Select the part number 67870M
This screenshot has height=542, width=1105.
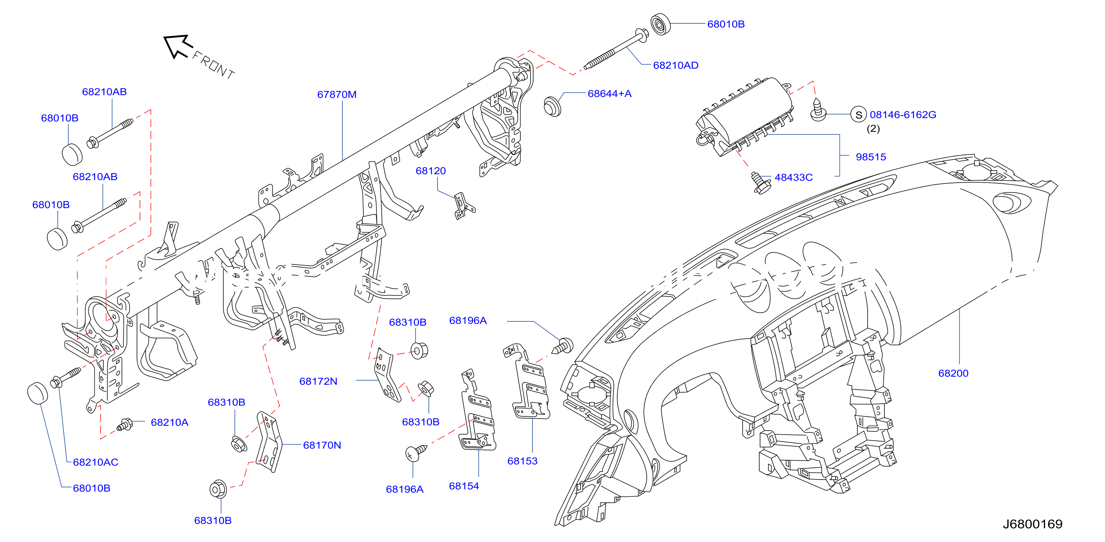tap(337, 94)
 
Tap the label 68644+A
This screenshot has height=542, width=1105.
tap(609, 93)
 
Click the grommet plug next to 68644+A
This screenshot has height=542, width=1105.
tap(552, 106)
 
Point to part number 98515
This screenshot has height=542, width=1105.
tap(871, 157)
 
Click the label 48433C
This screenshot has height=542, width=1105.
tap(794, 178)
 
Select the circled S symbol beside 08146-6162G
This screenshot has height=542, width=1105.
tap(859, 115)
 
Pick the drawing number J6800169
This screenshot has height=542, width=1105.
tap(1032, 524)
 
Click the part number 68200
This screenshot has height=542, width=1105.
tap(953, 373)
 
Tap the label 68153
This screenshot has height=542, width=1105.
tap(522, 461)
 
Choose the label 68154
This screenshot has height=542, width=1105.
tap(464, 486)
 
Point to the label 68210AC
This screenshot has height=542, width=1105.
tap(96, 462)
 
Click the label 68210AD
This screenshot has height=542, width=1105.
tap(676, 65)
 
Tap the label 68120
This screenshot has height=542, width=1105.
tap(431, 171)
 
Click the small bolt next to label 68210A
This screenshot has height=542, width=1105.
tap(125, 425)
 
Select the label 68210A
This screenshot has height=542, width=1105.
tap(169, 423)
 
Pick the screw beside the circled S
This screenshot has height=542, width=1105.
tap(818, 110)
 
